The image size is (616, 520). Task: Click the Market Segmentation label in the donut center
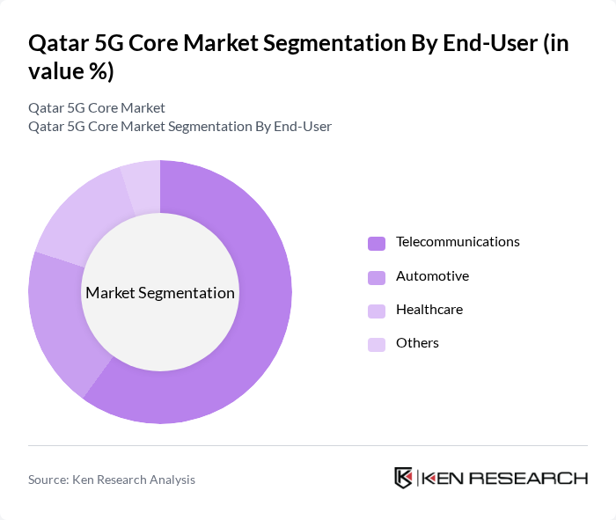pyautogui.click(x=160, y=293)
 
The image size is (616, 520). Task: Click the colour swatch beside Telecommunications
pyautogui.click(x=377, y=243)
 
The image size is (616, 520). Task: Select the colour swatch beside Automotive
pyautogui.click(x=377, y=277)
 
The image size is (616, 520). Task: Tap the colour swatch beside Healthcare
pyautogui.click(x=377, y=311)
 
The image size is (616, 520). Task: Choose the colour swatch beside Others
pyautogui.click(x=377, y=344)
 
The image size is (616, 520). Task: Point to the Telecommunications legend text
pyautogui.click(x=458, y=242)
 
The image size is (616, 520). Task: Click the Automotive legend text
pyautogui.click(x=432, y=276)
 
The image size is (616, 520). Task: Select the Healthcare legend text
pyautogui.click(x=429, y=310)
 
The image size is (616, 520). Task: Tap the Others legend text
pyautogui.click(x=417, y=343)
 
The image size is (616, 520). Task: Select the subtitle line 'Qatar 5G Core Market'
pyautogui.click(x=97, y=108)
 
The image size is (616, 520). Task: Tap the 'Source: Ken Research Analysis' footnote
pyautogui.click(x=112, y=480)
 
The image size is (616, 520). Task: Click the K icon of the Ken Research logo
pyautogui.click(x=403, y=478)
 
